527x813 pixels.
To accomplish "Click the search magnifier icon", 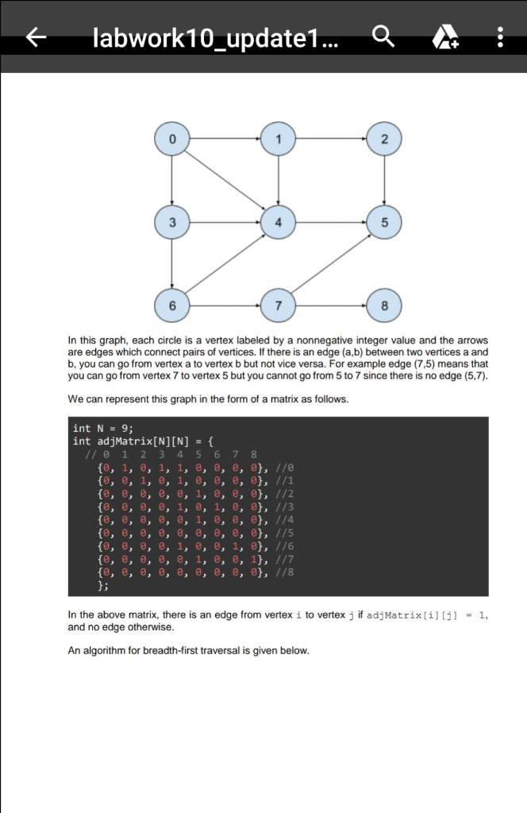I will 383,37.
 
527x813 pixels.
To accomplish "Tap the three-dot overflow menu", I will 499,37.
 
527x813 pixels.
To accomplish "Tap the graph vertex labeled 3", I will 172,222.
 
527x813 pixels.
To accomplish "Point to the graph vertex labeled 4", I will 278,222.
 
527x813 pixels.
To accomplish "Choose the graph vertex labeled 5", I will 385,222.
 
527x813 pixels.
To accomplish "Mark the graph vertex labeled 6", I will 172,305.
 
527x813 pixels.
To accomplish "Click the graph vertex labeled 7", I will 278,305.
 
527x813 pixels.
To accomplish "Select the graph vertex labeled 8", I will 385,305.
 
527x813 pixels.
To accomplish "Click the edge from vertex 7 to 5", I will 332,264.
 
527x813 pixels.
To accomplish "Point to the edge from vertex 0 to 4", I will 225,181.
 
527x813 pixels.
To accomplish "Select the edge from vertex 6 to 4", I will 225,264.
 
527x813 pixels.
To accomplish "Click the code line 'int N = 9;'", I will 103,429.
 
